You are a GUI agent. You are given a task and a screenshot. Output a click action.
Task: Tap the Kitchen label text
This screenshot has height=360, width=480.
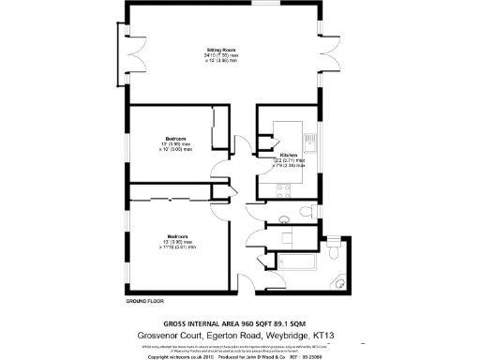[288, 154]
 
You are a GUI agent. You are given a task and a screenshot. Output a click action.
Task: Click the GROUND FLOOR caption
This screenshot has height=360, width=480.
[145, 302]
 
